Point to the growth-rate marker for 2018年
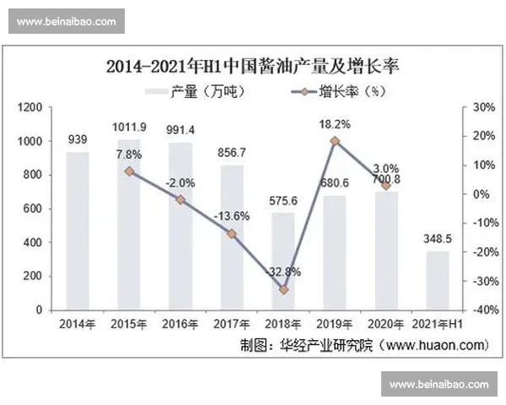[x=283, y=289]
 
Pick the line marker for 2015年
[x=129, y=171]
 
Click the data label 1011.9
[x=129, y=127]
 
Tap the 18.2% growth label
[x=335, y=124]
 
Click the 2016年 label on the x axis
[x=180, y=324]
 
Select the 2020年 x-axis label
[x=386, y=324]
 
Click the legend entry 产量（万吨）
[x=194, y=91]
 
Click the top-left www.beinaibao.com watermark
[x=66, y=22]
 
